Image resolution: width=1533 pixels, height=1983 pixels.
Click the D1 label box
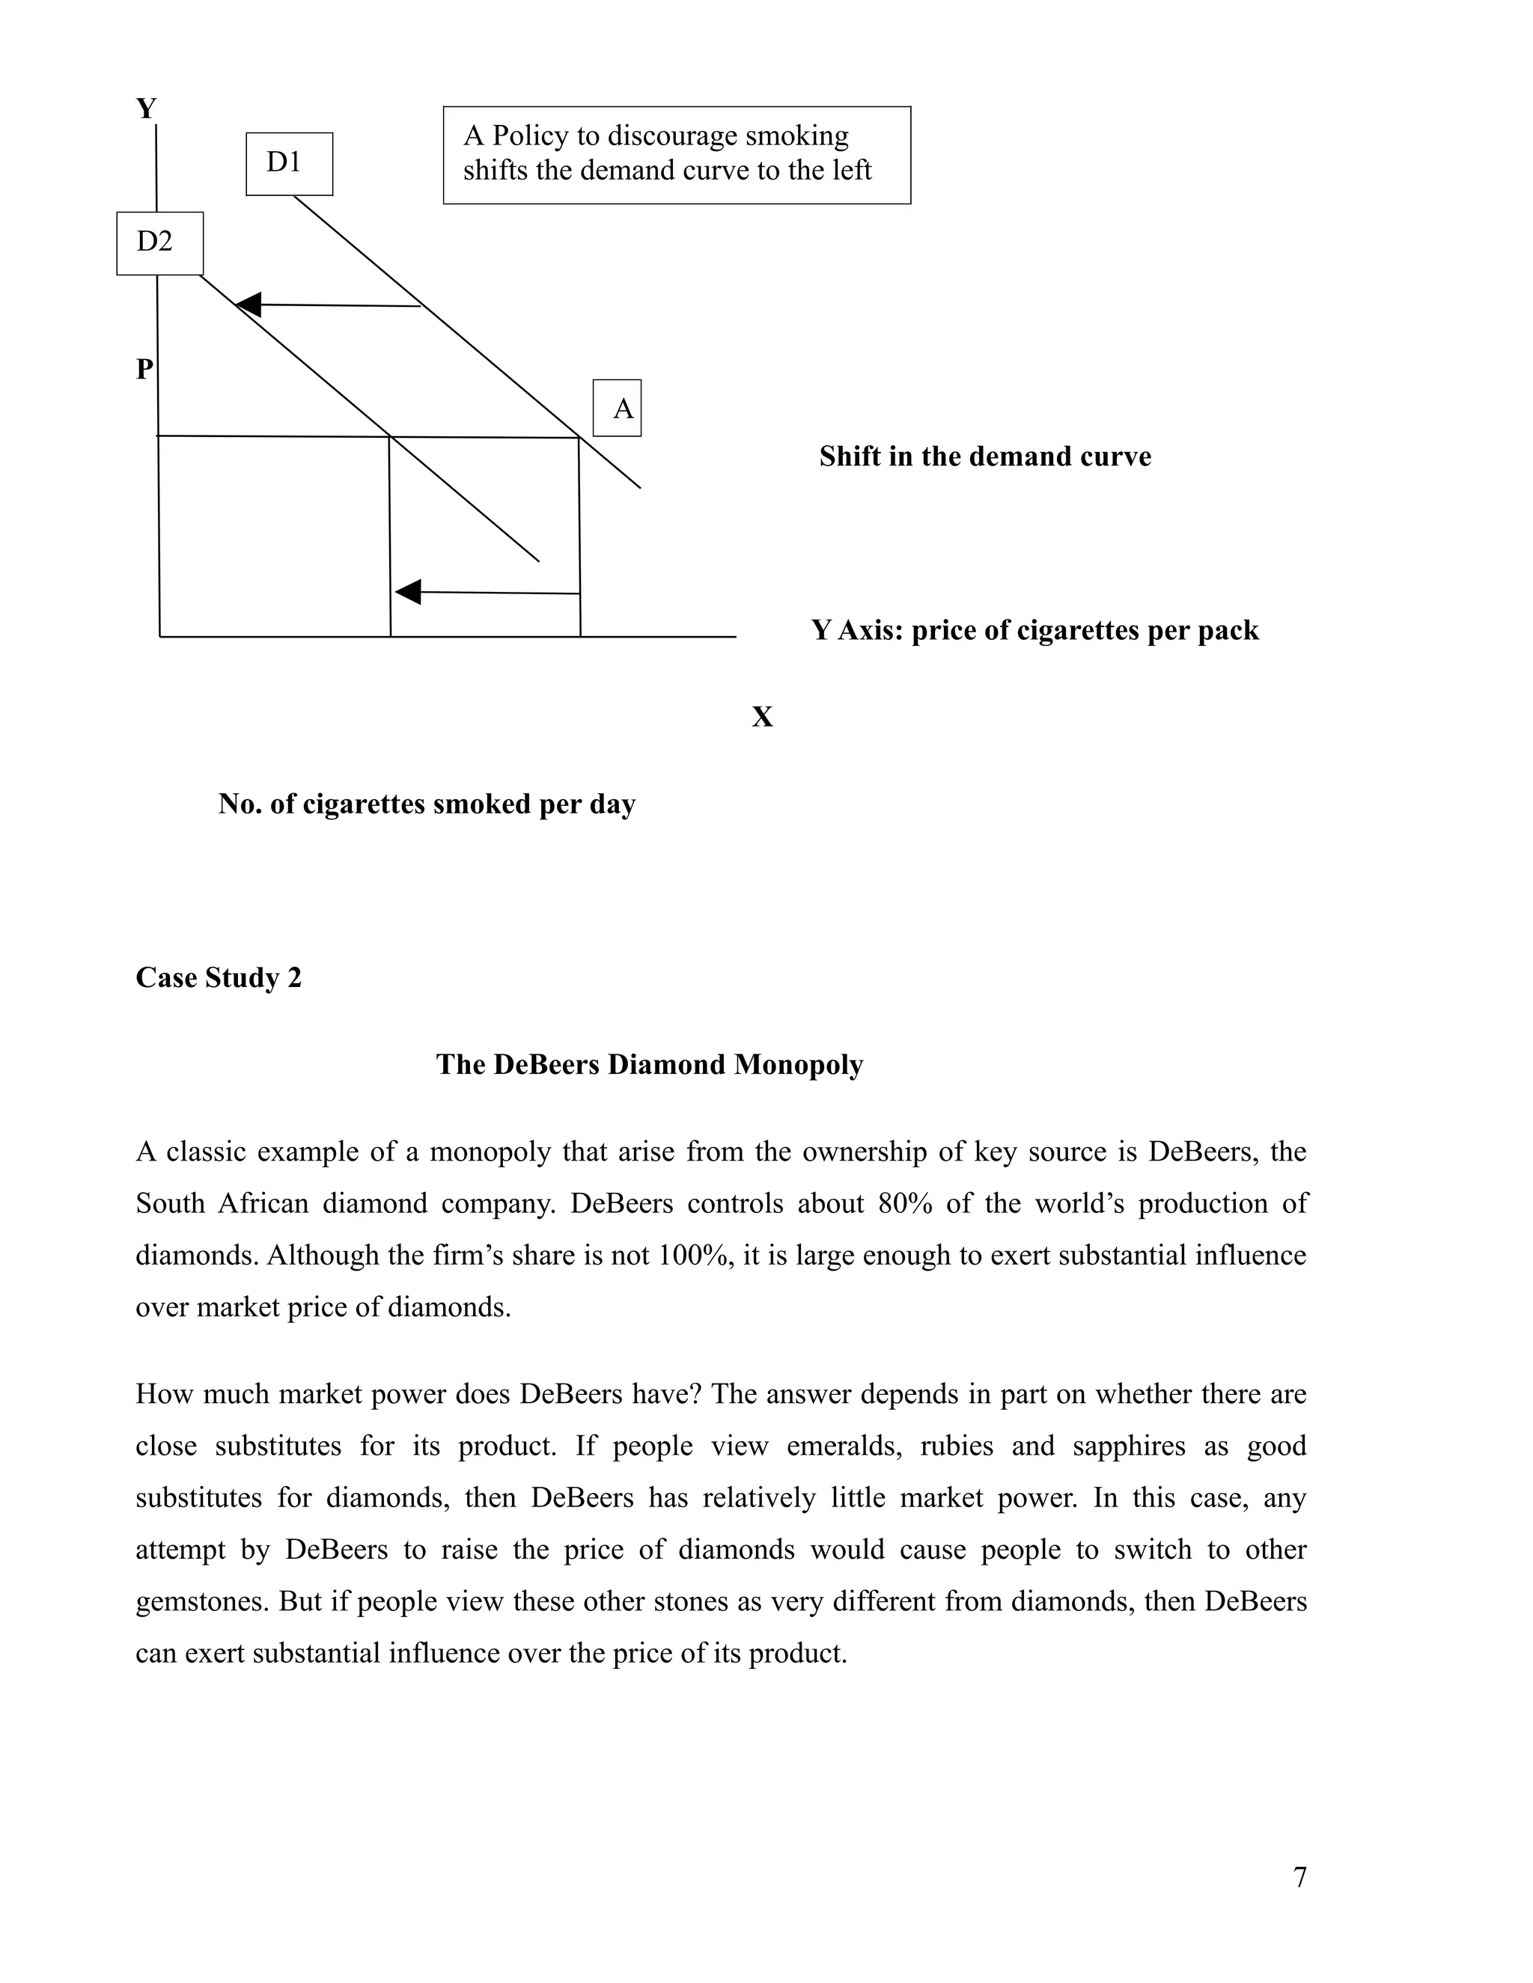[289, 163]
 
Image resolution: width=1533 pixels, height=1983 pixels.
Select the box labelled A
[618, 409]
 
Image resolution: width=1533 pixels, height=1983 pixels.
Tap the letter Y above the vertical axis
[146, 109]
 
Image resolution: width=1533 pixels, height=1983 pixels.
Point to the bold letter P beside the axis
[144, 370]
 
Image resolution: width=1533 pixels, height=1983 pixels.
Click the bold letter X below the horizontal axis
[762, 718]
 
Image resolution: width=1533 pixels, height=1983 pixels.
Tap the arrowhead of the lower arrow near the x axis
[409, 592]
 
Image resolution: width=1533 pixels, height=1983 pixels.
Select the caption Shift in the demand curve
[984, 456]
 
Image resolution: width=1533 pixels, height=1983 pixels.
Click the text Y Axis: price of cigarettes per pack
[1034, 630]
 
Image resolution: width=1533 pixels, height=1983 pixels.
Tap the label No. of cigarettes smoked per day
[427, 804]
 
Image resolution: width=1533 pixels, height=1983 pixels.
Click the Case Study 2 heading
[218, 978]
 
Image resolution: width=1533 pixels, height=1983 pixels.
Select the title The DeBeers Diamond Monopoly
[649, 1065]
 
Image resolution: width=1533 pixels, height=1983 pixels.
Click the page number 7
[1299, 1877]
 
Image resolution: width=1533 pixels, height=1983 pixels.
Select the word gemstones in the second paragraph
[201, 1601]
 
